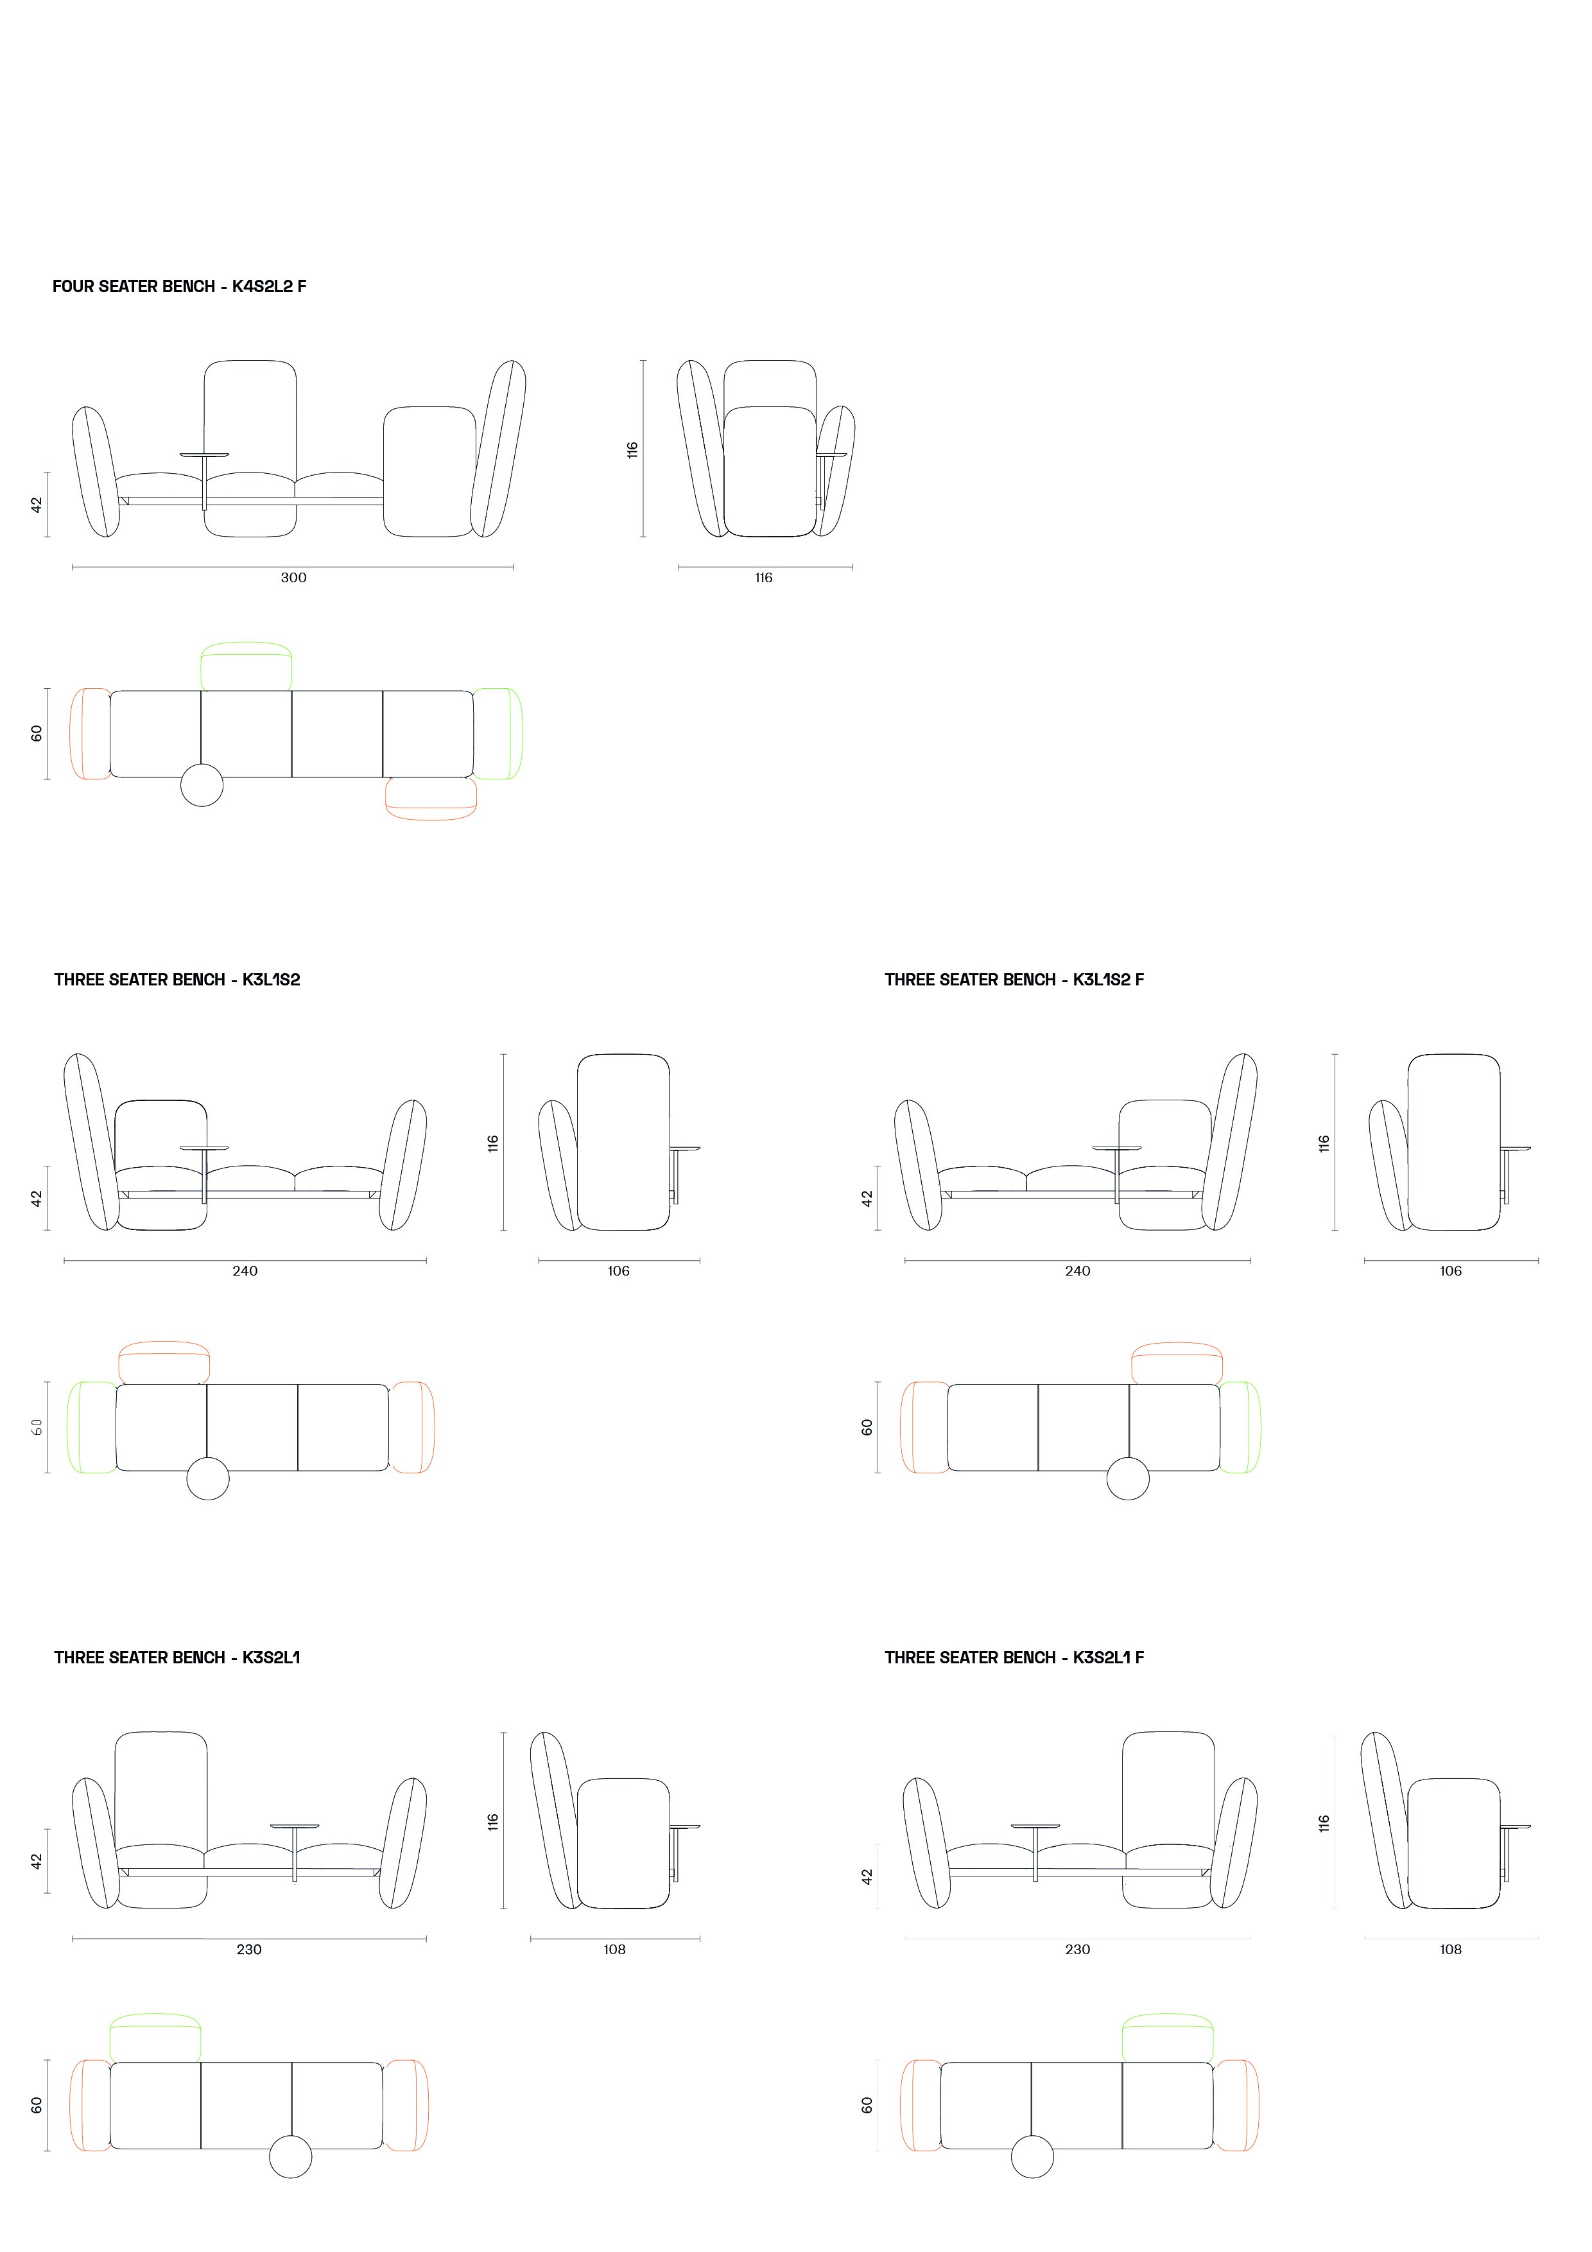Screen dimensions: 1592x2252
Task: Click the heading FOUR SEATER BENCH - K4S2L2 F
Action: coord(180,286)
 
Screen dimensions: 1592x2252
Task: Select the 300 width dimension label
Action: coord(293,578)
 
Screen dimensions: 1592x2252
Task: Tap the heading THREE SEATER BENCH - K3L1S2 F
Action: coord(1014,980)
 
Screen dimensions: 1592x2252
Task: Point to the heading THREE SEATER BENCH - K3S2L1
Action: coord(177,1658)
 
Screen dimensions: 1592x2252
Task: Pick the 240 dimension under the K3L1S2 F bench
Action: coord(1077,1271)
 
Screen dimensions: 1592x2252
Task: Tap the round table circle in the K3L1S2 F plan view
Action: coord(1128,1478)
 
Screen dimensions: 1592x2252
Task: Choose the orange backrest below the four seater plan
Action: coord(431,815)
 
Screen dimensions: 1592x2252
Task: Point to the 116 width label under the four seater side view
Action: coord(763,578)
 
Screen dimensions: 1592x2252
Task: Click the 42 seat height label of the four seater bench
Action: coord(37,504)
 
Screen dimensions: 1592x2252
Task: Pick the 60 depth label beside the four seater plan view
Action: coord(37,734)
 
